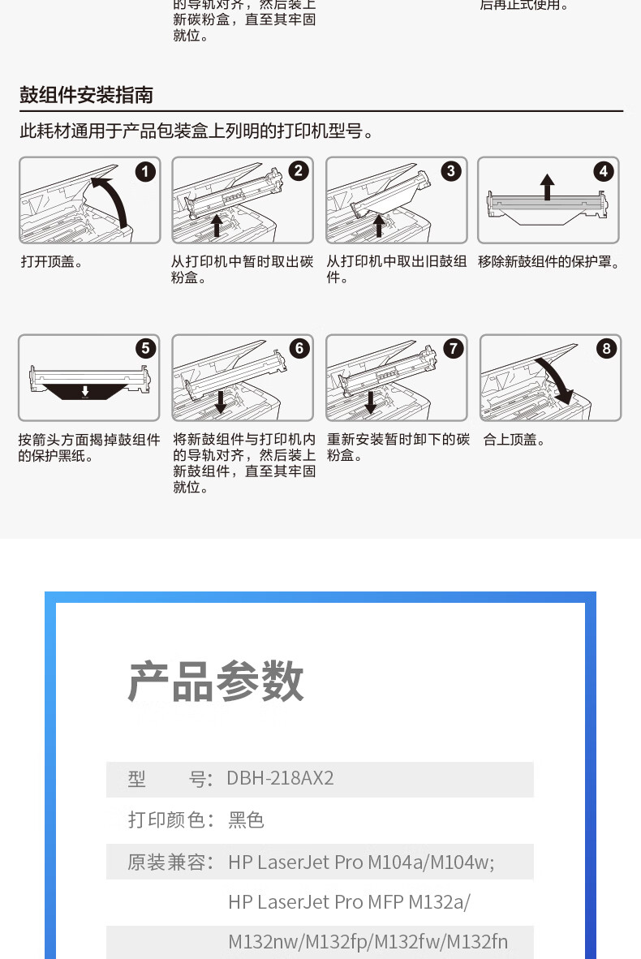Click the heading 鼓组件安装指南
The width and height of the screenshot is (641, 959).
click(x=86, y=95)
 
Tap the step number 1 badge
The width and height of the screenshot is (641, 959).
click(x=145, y=172)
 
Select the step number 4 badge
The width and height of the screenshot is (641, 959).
click(x=604, y=171)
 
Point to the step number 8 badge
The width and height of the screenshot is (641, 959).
click(x=606, y=349)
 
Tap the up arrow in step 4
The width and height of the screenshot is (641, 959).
click(x=548, y=187)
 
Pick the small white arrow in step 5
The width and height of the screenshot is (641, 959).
click(x=85, y=391)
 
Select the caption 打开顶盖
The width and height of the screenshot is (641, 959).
click(x=51, y=262)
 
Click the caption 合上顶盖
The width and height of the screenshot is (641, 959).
click(x=514, y=440)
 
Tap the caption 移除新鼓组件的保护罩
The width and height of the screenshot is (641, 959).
click(x=549, y=262)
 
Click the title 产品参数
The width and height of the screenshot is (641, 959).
click(x=216, y=681)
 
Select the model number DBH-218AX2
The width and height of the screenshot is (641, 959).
click(x=280, y=778)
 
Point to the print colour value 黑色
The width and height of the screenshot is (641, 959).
click(x=246, y=819)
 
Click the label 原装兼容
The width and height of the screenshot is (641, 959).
click(x=170, y=862)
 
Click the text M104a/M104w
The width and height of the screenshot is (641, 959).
click(x=431, y=862)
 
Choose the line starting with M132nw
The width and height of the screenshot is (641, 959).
click(x=368, y=942)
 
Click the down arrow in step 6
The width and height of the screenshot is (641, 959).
click(x=221, y=402)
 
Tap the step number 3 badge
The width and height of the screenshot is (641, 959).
click(x=451, y=171)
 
